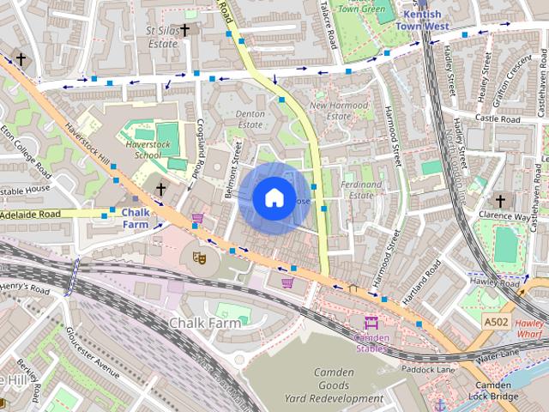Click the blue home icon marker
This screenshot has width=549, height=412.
tap(273, 198)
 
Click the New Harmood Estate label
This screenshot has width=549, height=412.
tap(340, 111)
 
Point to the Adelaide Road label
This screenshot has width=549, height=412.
tap(39, 213)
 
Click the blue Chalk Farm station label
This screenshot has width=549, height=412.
tap(136, 218)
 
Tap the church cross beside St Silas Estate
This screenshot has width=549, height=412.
tap(185, 29)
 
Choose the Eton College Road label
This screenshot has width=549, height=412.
tap(22, 145)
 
